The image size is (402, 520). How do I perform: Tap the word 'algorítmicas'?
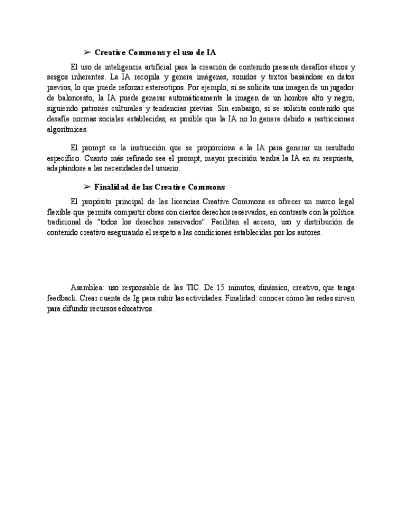tap(68, 129)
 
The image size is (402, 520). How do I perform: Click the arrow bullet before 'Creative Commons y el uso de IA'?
tap(87, 53)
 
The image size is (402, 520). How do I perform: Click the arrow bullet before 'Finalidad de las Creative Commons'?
tap(87, 187)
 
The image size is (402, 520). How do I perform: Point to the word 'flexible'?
tap(58, 212)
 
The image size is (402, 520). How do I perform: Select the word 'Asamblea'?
tap(87, 288)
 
